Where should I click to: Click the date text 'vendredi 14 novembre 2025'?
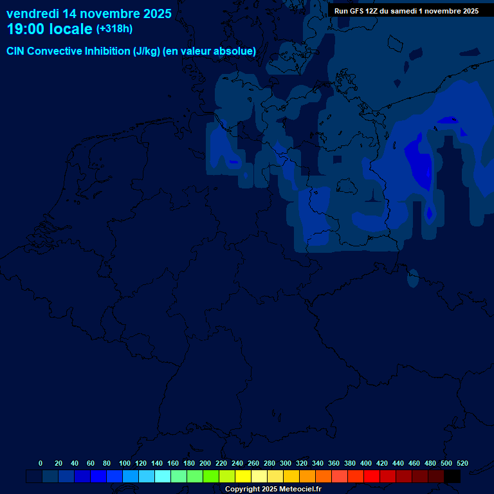click(x=89, y=13)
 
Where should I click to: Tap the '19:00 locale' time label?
click(x=50, y=29)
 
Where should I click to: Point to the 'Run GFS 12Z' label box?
click(x=406, y=11)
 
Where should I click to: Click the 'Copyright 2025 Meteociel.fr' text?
click(x=273, y=489)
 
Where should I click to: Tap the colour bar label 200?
click(x=205, y=463)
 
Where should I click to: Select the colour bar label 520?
click(x=462, y=463)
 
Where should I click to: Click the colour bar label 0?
click(x=41, y=463)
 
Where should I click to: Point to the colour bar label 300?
click(x=285, y=463)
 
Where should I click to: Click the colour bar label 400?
click(x=365, y=463)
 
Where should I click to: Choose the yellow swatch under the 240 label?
click(x=243, y=477)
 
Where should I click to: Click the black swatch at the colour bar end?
click(x=452, y=477)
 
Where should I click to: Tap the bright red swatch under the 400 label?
click(x=372, y=477)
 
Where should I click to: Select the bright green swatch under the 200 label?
click(x=211, y=477)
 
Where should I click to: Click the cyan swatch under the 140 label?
click(x=163, y=477)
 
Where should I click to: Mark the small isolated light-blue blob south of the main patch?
click(x=413, y=278)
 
